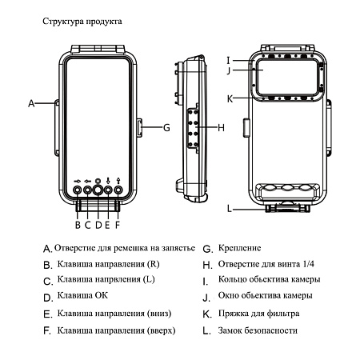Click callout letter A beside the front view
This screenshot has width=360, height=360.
[x=32, y=103]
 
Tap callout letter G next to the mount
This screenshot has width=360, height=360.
[x=166, y=126]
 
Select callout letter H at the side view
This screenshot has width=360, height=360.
[x=221, y=127]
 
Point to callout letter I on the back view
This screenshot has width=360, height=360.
[x=228, y=59]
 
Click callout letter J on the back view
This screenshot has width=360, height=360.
[x=228, y=70]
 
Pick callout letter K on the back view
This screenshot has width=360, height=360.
[x=229, y=99]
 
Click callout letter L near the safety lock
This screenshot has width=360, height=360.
[x=229, y=210]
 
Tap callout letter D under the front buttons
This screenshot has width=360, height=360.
[x=98, y=213]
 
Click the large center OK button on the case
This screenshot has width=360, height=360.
[x=98, y=192]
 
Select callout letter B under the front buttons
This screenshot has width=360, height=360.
[x=78, y=213]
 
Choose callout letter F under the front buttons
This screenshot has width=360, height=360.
[x=118, y=213]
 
